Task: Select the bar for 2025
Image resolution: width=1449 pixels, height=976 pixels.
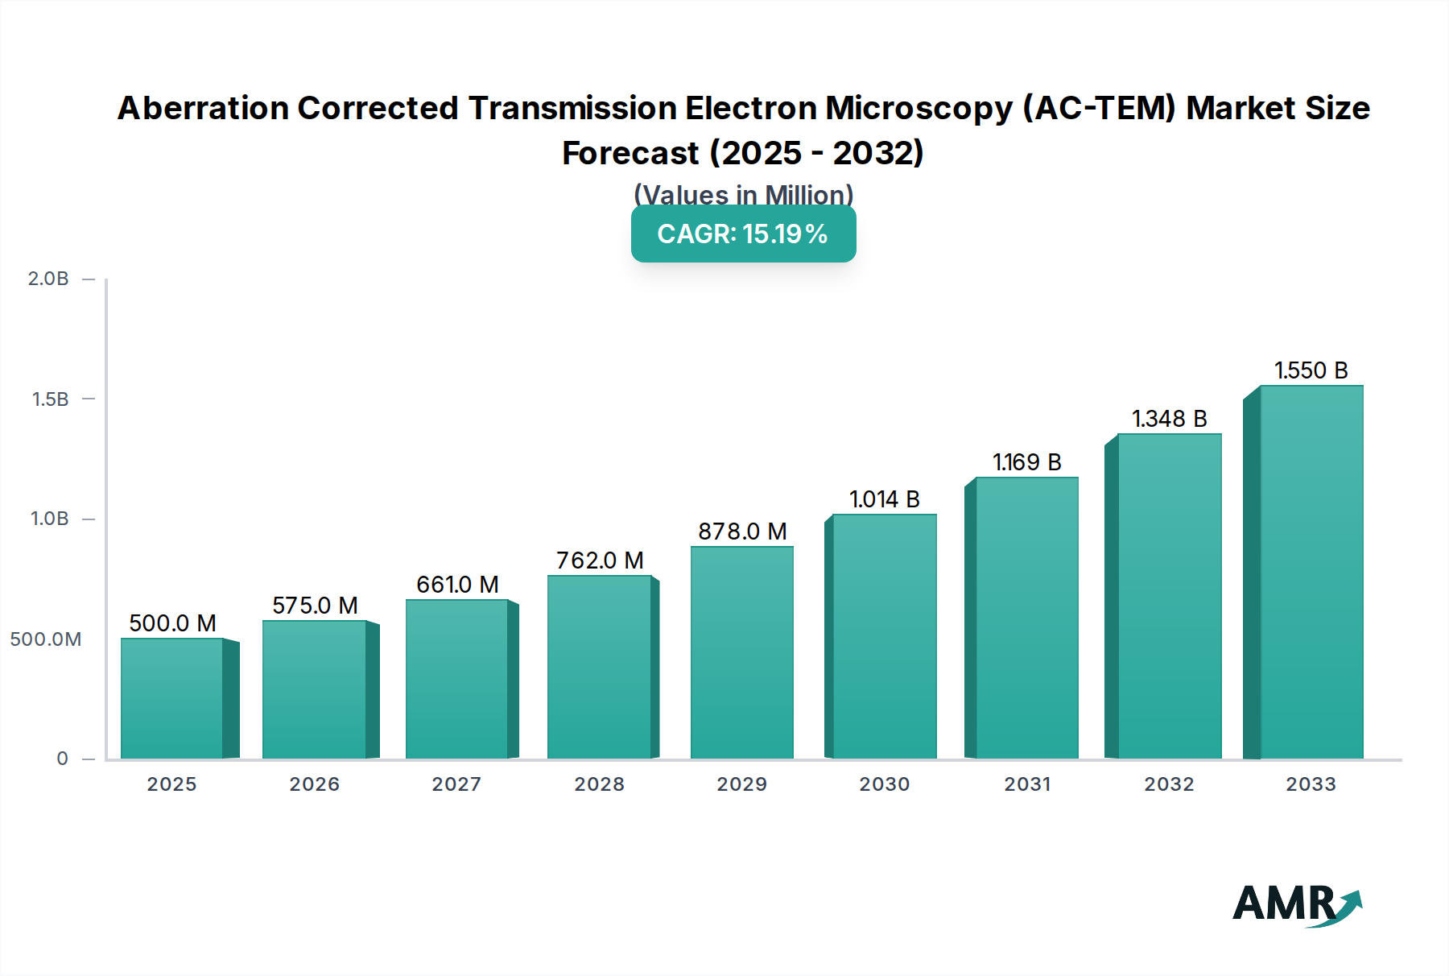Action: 172,698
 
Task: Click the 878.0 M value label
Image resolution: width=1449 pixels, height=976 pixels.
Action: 742,531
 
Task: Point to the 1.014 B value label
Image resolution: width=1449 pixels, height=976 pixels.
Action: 884,499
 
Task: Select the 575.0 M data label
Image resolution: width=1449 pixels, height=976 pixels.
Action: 315,606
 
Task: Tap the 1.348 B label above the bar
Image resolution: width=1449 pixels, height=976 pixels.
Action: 1169,419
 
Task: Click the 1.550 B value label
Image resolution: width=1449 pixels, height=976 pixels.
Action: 1311,370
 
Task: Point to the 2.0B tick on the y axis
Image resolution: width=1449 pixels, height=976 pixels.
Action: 48,279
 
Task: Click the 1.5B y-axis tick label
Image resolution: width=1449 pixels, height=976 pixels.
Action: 50,399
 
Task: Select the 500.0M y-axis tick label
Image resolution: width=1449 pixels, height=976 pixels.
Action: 46,639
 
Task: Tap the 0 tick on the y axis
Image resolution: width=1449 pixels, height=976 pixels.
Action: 62,759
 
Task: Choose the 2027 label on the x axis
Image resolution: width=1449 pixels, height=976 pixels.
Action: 456,784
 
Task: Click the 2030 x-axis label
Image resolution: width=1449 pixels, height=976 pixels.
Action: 884,784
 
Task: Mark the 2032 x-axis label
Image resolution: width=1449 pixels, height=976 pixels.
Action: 1169,784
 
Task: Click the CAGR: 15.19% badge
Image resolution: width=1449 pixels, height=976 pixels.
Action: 743,234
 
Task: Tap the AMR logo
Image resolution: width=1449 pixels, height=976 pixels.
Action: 1296,904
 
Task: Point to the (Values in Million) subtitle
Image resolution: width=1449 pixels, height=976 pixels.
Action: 743,195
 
